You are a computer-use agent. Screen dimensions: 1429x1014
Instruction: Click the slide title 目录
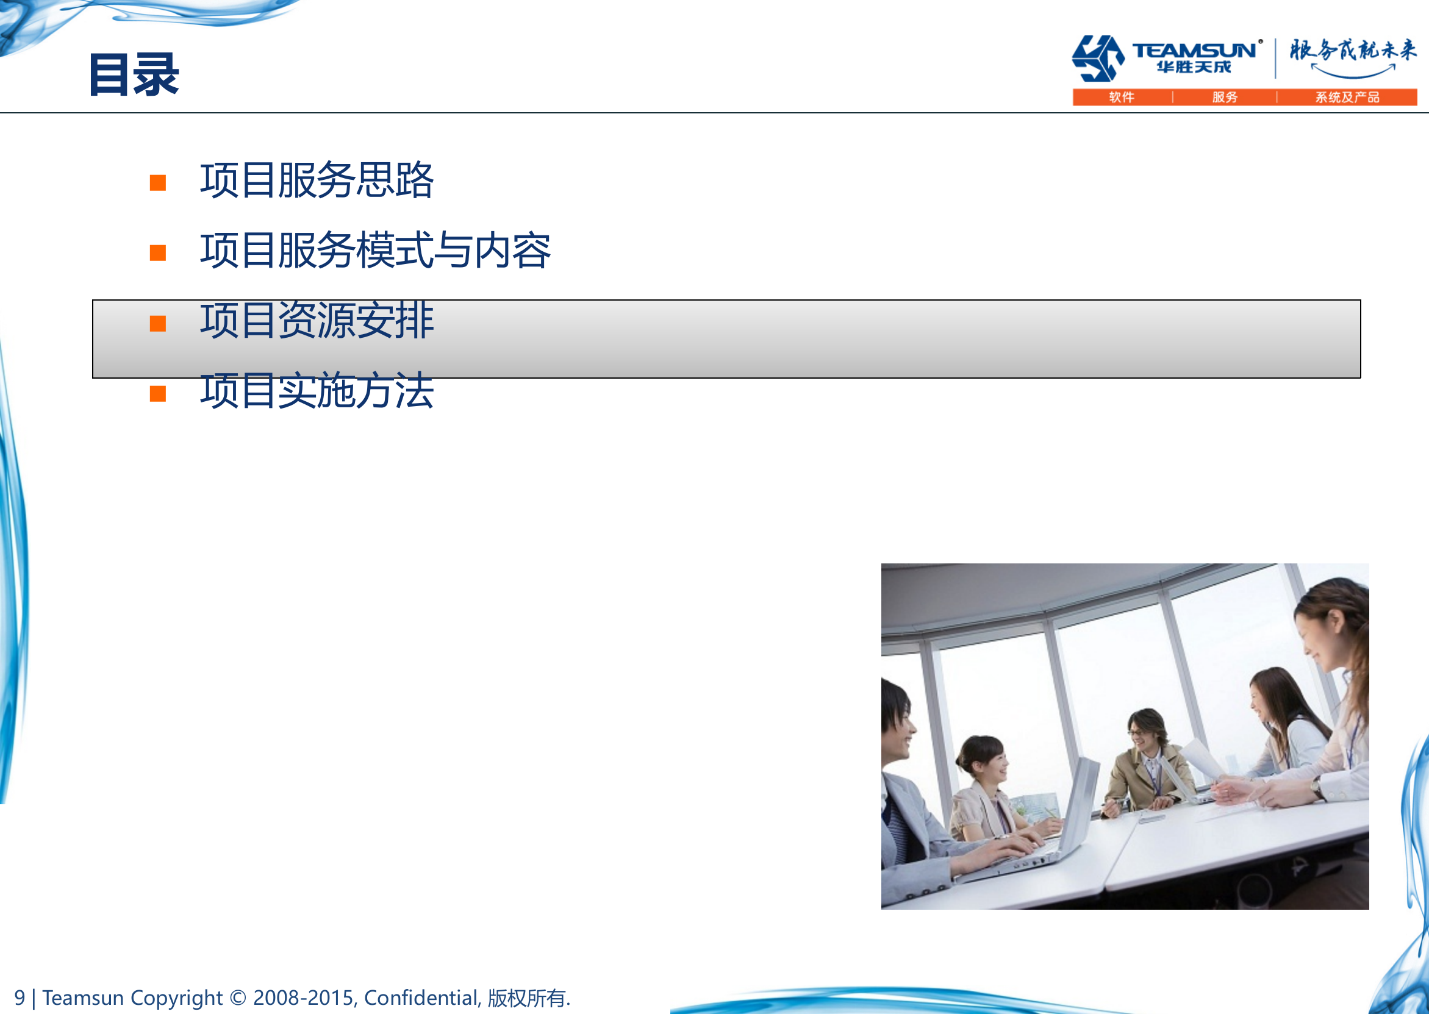pyautogui.click(x=134, y=75)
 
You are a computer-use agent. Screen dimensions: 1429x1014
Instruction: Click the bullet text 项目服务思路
pyautogui.click(x=317, y=180)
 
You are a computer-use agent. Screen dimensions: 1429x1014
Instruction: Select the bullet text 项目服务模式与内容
pyautogui.click(x=375, y=251)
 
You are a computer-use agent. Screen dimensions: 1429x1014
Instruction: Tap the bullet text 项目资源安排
pyautogui.click(x=317, y=321)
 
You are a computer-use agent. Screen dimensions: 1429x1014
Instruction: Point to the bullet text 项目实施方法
pyautogui.click(x=317, y=391)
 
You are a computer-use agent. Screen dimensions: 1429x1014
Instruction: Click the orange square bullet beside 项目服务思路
pyautogui.click(x=158, y=183)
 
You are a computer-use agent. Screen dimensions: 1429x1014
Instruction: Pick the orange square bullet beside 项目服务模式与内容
pyautogui.click(x=158, y=253)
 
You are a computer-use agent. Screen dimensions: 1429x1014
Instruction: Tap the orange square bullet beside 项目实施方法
pyautogui.click(x=158, y=394)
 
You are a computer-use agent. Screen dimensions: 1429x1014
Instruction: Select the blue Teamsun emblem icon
pyautogui.click(x=1098, y=58)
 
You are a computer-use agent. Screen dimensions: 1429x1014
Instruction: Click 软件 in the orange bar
pyautogui.click(x=1122, y=98)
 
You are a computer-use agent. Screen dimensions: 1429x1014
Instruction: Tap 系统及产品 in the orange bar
pyautogui.click(x=1347, y=98)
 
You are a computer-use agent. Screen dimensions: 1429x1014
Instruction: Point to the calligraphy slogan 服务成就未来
pyautogui.click(x=1353, y=50)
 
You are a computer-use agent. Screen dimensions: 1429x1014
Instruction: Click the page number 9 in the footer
pyautogui.click(x=20, y=998)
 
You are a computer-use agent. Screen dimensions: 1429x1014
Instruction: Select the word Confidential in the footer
pyautogui.click(x=422, y=998)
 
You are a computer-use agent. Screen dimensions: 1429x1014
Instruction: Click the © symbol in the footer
pyautogui.click(x=238, y=998)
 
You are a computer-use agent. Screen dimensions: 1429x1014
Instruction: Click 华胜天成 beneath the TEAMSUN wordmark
pyautogui.click(x=1194, y=68)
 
